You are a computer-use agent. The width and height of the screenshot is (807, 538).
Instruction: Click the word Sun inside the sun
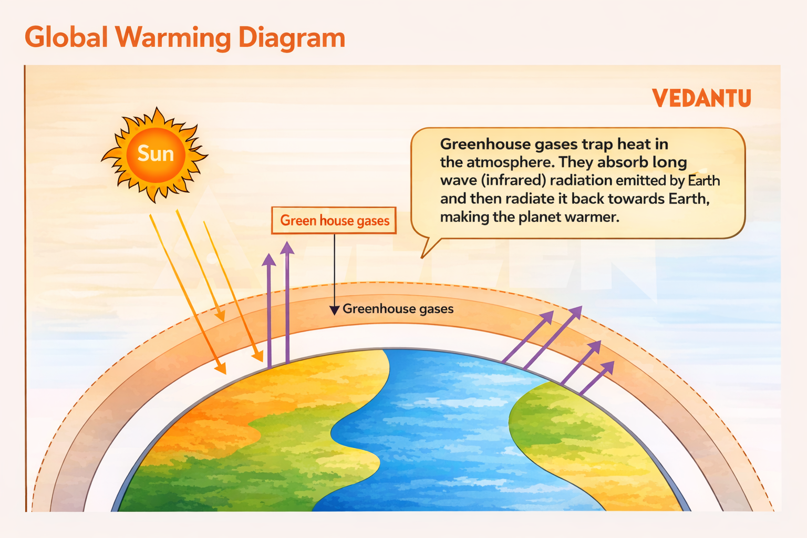pos(156,153)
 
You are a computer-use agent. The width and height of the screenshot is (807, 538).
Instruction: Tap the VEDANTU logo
pos(701,98)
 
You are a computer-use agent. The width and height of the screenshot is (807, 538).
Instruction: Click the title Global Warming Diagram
pos(184,38)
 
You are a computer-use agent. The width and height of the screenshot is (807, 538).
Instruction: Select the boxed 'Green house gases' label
pos(334,221)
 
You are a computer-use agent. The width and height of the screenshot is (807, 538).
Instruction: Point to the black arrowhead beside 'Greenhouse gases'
pos(334,311)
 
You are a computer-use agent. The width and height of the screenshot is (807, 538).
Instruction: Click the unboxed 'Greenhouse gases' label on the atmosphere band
pos(398,309)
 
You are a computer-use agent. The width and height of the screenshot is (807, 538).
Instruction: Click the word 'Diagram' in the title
pos(292,38)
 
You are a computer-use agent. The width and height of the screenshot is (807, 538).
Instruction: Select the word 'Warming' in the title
pos(173,38)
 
